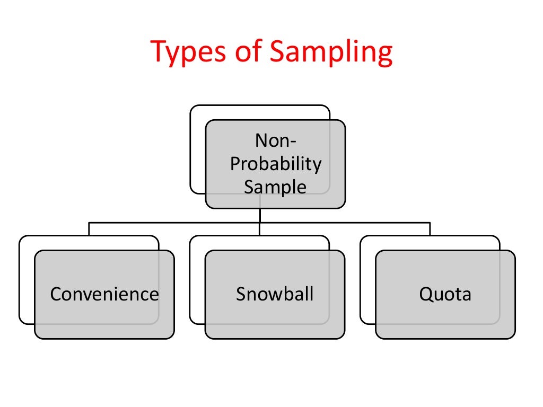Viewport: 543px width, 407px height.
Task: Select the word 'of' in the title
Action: pyautogui.click(x=251, y=52)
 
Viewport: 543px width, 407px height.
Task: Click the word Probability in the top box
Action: pyautogui.click(x=275, y=164)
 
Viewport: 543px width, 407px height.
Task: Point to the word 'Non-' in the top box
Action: pyautogui.click(x=276, y=140)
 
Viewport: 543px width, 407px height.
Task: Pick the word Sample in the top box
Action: pyautogui.click(x=275, y=187)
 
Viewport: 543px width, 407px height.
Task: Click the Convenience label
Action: pyautogui.click(x=104, y=294)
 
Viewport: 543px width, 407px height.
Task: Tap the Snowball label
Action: pyautogui.click(x=275, y=294)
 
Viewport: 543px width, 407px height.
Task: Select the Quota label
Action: pyautogui.click(x=445, y=294)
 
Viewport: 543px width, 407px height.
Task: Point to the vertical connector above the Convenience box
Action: pyautogui.click(x=89, y=228)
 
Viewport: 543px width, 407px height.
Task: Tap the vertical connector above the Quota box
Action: pyautogui.click(x=430, y=228)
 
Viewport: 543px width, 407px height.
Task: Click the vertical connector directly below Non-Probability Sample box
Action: pyautogui.click(x=260, y=215)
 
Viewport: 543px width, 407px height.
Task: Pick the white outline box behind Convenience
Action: pyautogui.click(x=26, y=281)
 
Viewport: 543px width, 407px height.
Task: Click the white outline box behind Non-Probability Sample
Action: pyautogui.click(x=197, y=148)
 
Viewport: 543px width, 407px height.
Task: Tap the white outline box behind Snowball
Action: pyautogui.click(x=197, y=281)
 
